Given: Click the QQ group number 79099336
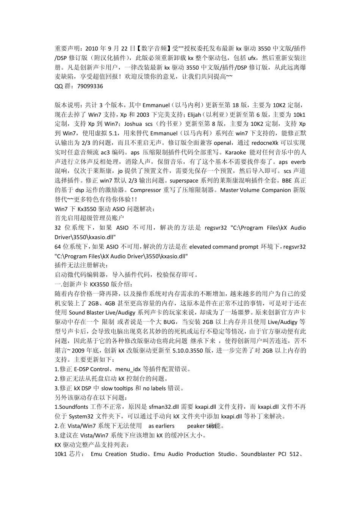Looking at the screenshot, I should [90, 86].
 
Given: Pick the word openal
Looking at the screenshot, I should [222, 143].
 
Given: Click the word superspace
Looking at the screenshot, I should [185, 181].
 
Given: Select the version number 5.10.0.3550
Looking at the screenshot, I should [188, 350].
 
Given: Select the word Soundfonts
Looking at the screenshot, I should [73, 407].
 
